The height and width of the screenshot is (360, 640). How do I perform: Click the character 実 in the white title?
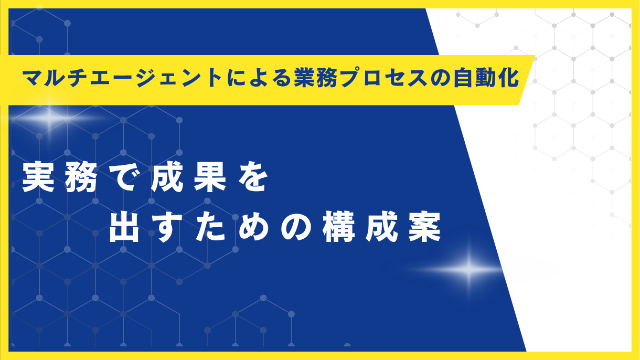coord(38,179)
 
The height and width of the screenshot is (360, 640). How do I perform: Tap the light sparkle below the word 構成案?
coord(468,270)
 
